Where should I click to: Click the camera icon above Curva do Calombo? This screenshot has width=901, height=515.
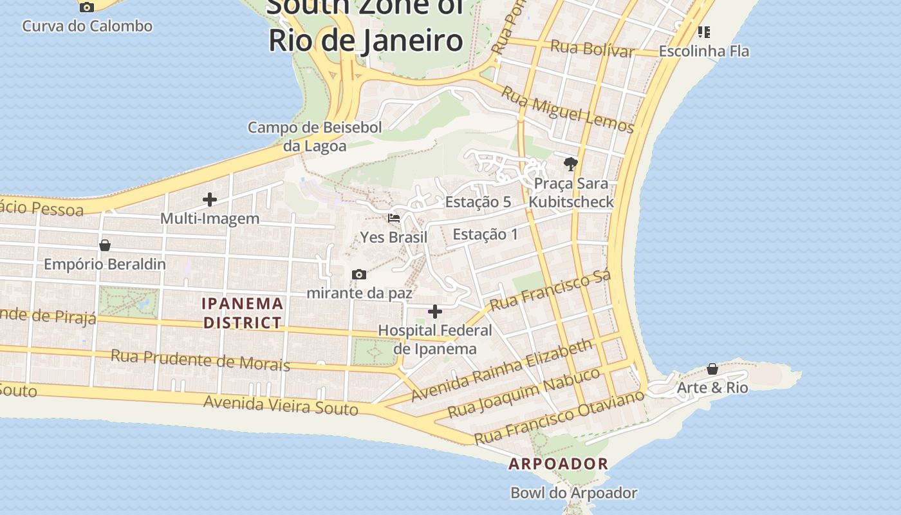tap(86, 7)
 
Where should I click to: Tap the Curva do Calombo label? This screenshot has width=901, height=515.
tap(87, 26)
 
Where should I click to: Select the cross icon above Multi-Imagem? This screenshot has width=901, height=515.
tap(209, 200)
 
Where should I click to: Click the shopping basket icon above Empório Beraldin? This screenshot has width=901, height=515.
tap(105, 245)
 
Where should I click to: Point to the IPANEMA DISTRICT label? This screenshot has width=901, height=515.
tap(243, 313)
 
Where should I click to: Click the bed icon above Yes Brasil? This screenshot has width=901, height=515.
tap(394, 218)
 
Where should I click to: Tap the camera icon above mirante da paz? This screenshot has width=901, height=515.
tap(359, 275)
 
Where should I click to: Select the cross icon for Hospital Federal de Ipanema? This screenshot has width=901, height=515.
tap(435, 312)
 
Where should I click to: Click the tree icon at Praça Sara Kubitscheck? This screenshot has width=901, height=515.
tap(570, 164)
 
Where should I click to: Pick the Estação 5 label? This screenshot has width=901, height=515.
tap(478, 202)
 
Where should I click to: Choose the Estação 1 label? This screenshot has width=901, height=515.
tap(485, 234)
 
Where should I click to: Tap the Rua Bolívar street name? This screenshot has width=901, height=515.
tap(592, 49)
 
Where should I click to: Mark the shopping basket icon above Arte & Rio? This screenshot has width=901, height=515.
tap(712, 369)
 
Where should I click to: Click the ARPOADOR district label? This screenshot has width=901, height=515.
tap(558, 464)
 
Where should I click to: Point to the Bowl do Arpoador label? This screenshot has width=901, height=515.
tap(573, 493)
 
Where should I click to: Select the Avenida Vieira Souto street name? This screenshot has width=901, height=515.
tap(281, 406)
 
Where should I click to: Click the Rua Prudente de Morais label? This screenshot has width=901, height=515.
tap(200, 360)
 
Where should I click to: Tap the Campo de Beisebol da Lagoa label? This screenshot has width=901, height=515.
tap(315, 136)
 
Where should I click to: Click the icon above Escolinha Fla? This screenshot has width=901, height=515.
tap(704, 32)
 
